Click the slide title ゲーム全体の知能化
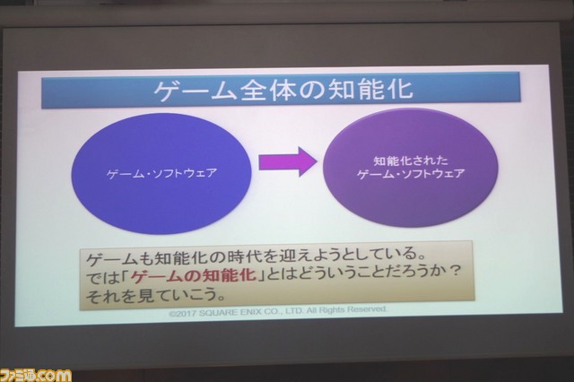(283, 90)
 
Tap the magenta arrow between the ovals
(287, 161)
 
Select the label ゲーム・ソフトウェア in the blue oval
(161, 173)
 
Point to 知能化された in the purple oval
(411, 161)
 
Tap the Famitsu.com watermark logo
(36, 375)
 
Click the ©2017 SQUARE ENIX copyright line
(278, 311)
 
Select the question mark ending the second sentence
(454, 271)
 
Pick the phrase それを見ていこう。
(155, 295)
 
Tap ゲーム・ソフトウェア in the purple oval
(411, 173)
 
